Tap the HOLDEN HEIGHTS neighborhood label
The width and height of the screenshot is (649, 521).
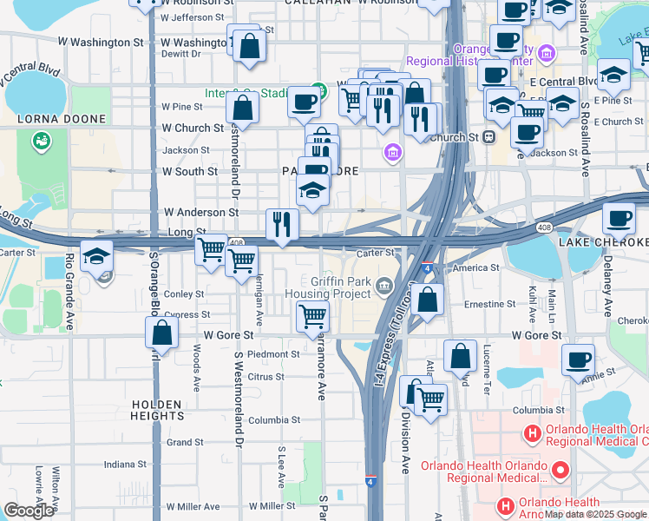pyautogui.click(x=158, y=410)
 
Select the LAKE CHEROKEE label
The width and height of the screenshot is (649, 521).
pyautogui.click(x=603, y=241)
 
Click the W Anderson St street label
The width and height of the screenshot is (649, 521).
pyautogui.click(x=201, y=212)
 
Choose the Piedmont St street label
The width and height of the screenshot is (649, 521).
pyautogui.click(x=272, y=354)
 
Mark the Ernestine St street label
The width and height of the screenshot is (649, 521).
pyautogui.click(x=489, y=305)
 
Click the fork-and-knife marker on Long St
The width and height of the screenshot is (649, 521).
pyautogui.click(x=281, y=224)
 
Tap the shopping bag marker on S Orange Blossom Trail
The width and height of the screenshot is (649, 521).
pyautogui.click(x=161, y=331)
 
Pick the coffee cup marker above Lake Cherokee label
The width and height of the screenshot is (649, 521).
pyautogui.click(x=619, y=217)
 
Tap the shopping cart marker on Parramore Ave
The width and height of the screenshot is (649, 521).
pyautogui.click(x=312, y=317)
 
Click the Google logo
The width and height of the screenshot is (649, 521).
pyautogui.click(x=28, y=511)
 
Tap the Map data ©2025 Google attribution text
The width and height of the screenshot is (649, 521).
pyautogui.click(x=595, y=514)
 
